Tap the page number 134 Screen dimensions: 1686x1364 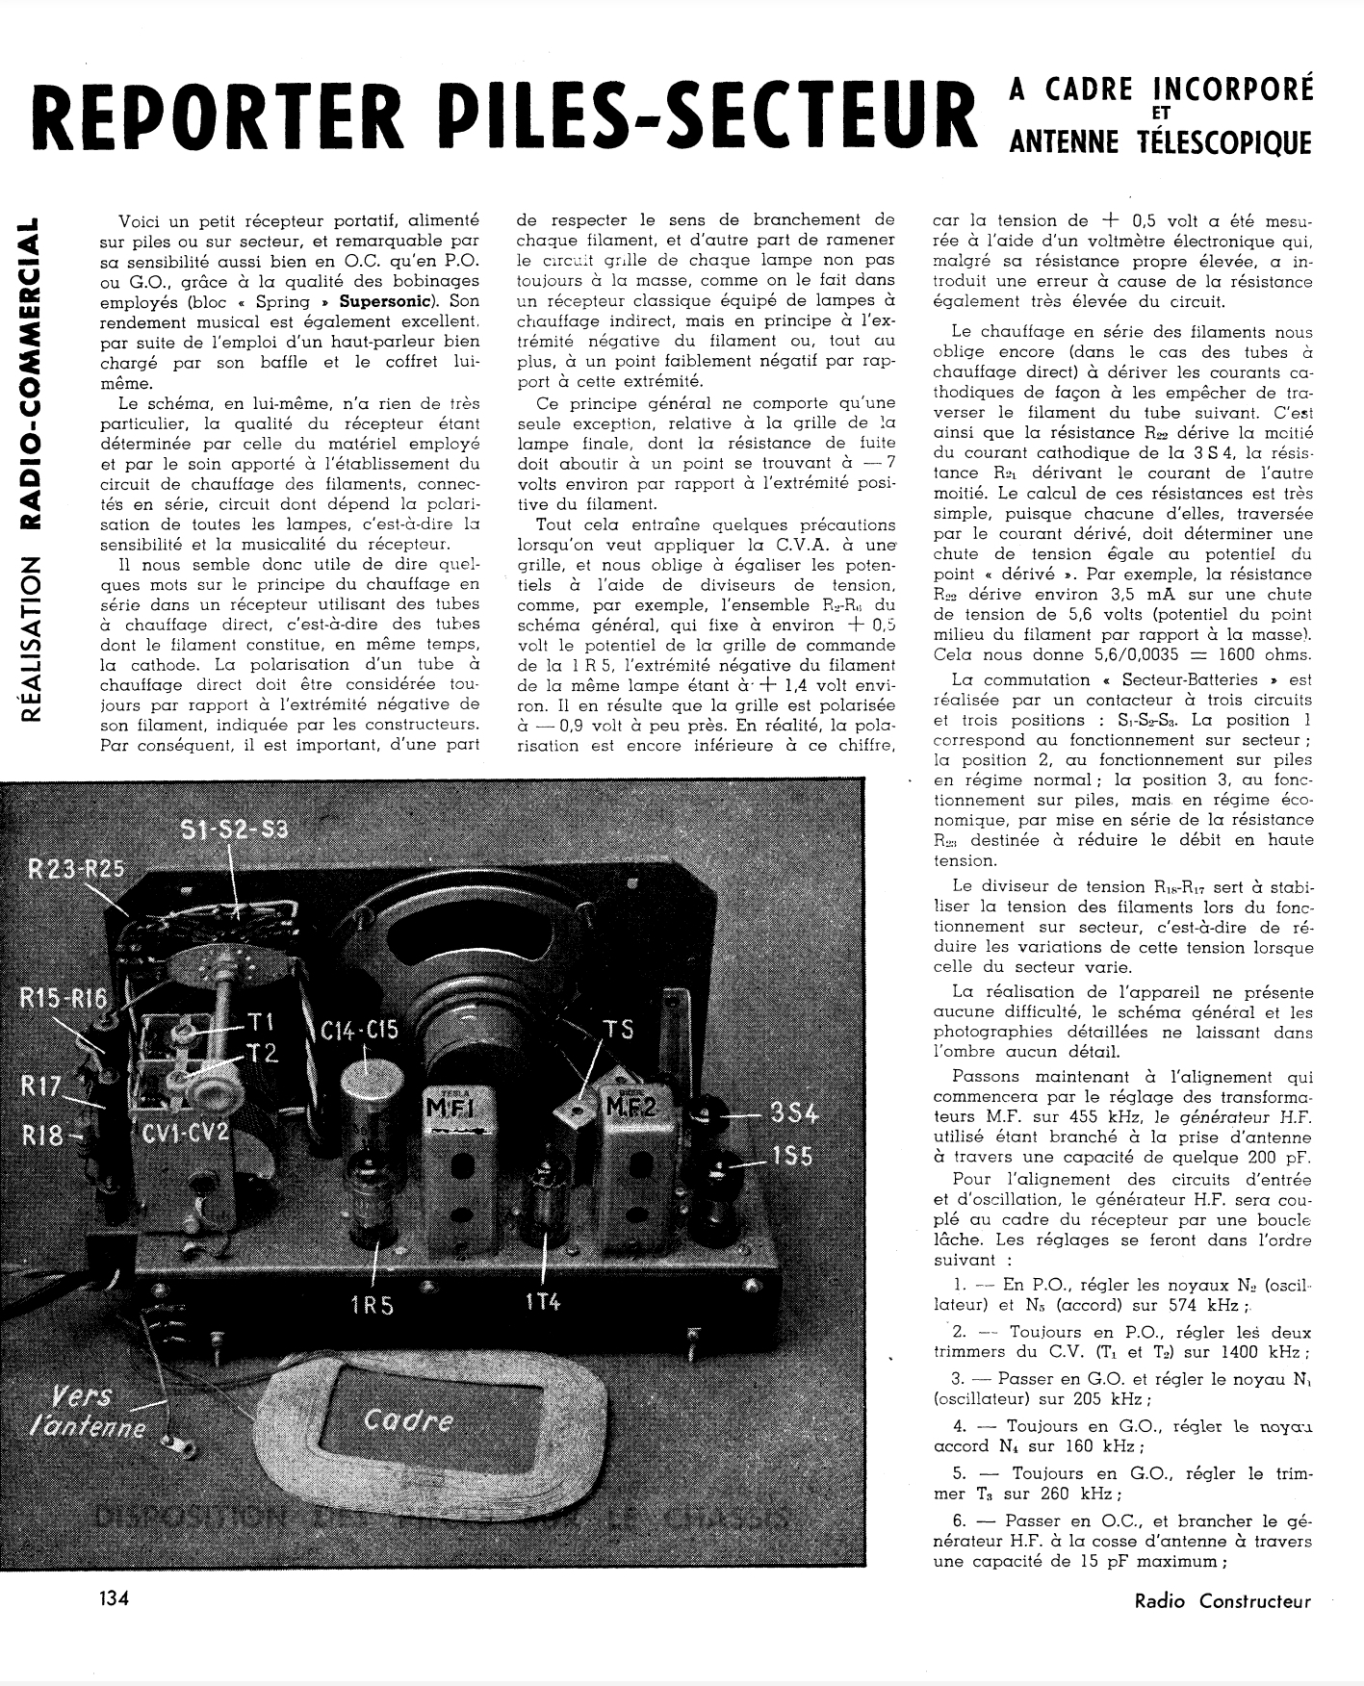coord(114,1599)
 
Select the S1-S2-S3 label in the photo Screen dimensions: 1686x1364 coord(234,830)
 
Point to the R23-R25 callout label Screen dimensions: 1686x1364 coord(75,869)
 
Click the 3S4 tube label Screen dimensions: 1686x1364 coord(792,1114)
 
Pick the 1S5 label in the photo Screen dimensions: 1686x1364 coord(791,1156)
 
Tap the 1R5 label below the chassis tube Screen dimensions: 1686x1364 coord(373,1305)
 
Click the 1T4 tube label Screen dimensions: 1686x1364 coord(544,1301)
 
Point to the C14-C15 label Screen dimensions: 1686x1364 coord(359,1031)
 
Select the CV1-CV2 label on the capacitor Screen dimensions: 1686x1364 coord(185,1133)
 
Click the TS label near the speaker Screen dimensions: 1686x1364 coord(618,1029)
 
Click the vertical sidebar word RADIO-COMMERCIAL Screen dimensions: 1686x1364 coord(33,374)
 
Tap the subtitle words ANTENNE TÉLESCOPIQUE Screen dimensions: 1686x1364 coord(1159,143)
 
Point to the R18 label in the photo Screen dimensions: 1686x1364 coord(41,1135)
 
